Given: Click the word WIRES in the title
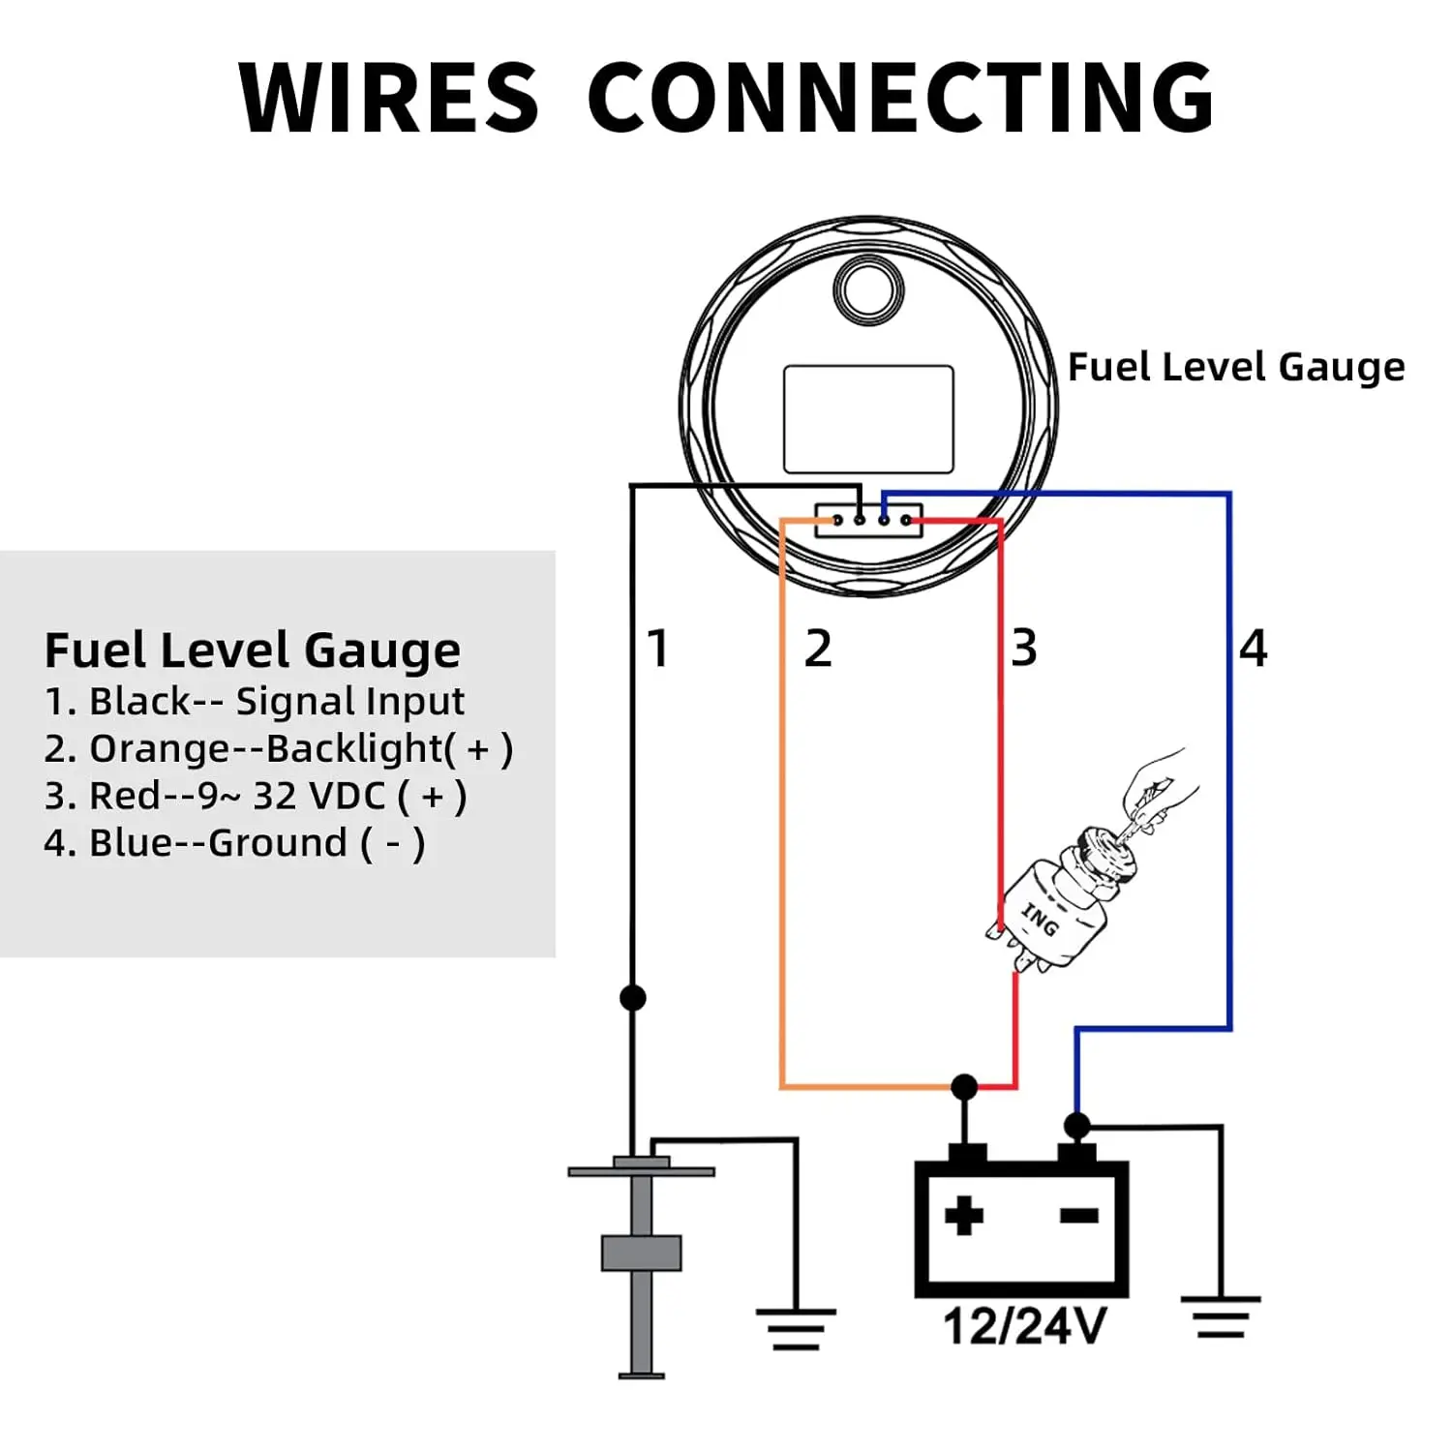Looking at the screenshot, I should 388,98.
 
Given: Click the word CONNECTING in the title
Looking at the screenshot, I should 900,98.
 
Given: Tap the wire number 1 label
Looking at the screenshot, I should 658,648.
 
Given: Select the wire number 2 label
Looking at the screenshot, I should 818,648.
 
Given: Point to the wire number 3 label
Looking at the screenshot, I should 1024,648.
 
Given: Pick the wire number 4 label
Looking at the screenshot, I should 1254,648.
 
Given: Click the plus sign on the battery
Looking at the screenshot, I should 963,1216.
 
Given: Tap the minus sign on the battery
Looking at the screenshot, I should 1078,1216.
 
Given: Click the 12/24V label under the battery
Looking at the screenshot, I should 1024,1326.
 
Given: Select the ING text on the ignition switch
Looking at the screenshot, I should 1040,919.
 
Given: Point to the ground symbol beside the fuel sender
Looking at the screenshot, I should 795,1328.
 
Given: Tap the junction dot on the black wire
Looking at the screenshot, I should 632,997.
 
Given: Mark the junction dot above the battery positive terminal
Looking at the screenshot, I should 964,1086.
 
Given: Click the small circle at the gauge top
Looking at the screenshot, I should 868,289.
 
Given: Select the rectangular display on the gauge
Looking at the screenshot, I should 868,419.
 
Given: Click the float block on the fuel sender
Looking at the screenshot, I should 641,1253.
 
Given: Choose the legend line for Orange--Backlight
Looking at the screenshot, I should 278,748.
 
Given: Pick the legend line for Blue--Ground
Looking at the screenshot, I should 234,843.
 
